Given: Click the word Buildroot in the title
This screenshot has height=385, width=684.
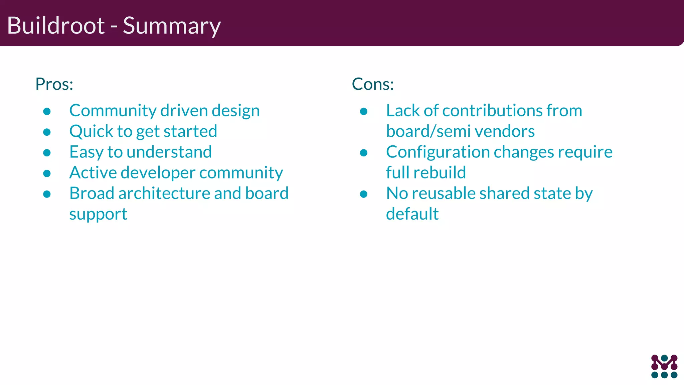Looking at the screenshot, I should pos(56,25).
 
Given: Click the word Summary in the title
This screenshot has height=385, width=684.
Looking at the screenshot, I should pos(172,26).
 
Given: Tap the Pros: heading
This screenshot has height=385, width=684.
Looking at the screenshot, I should pos(54,84).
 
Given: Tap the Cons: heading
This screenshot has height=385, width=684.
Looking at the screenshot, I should pos(373,84).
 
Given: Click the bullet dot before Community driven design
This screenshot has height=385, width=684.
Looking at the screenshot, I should pos(47,111).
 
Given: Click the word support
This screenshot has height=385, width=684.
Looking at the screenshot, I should pos(98,214).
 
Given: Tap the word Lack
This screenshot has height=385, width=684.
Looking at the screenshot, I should pos(403,111).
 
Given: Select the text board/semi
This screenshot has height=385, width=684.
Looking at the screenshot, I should pos(428,131).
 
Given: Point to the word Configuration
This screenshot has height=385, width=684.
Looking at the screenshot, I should pos(438,152).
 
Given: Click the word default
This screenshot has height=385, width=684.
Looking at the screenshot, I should pos(412,214).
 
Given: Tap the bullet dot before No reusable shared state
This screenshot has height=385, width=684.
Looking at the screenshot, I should pos(364,194).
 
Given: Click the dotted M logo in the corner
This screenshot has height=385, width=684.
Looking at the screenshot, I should pos(664,366).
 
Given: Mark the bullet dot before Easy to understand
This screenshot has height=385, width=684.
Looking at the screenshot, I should pos(47,153).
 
